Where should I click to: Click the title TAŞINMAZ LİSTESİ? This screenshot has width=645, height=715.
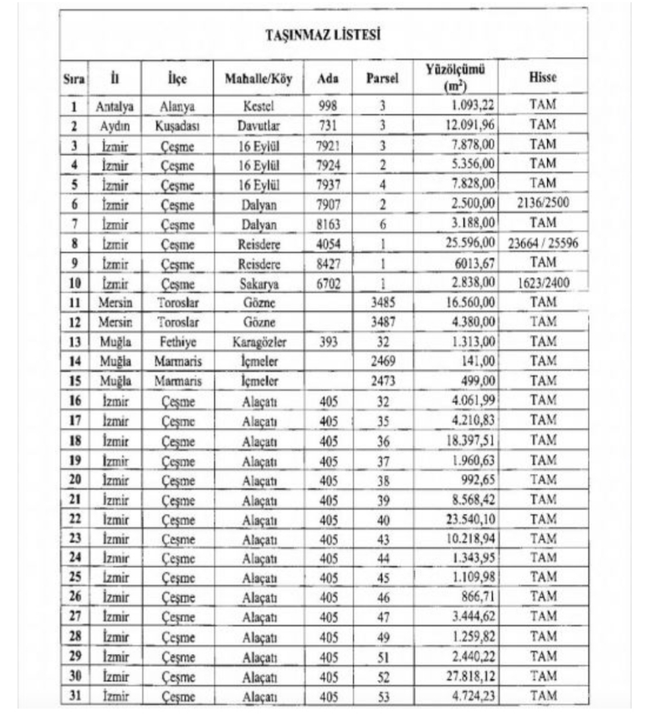[x=323, y=35]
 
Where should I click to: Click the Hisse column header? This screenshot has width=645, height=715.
[x=543, y=78]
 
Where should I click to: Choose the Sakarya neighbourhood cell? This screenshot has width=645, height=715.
[x=259, y=284]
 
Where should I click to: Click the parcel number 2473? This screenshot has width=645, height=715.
[x=382, y=381]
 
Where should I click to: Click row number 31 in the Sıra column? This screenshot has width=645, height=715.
[x=75, y=697]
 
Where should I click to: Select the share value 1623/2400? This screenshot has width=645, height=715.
[x=543, y=284]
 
